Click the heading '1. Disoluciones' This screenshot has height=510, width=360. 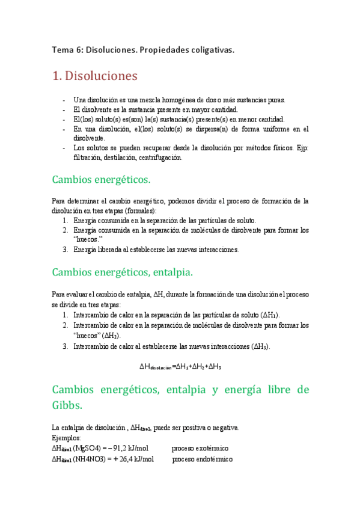[x=95, y=76]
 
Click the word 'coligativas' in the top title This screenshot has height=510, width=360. [x=210, y=49]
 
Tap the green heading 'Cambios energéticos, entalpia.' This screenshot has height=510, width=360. [x=123, y=272]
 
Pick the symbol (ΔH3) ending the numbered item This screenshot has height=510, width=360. [x=261, y=346]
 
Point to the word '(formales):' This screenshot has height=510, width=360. [x=138, y=210]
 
